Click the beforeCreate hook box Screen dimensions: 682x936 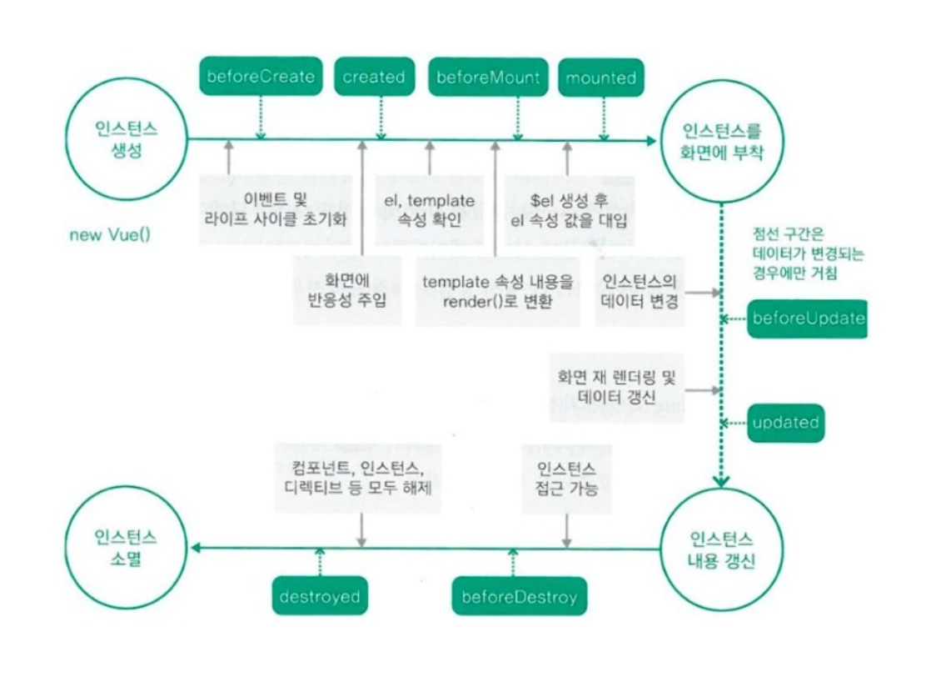[261, 78]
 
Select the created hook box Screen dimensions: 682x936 [374, 78]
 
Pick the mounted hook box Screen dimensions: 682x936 [600, 78]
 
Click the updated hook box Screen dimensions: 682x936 [785, 422]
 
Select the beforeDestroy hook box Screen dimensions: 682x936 [519, 597]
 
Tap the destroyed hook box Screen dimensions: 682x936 [320, 597]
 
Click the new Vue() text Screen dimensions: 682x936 [110, 235]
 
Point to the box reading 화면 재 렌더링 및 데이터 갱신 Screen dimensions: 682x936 [615, 387]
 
